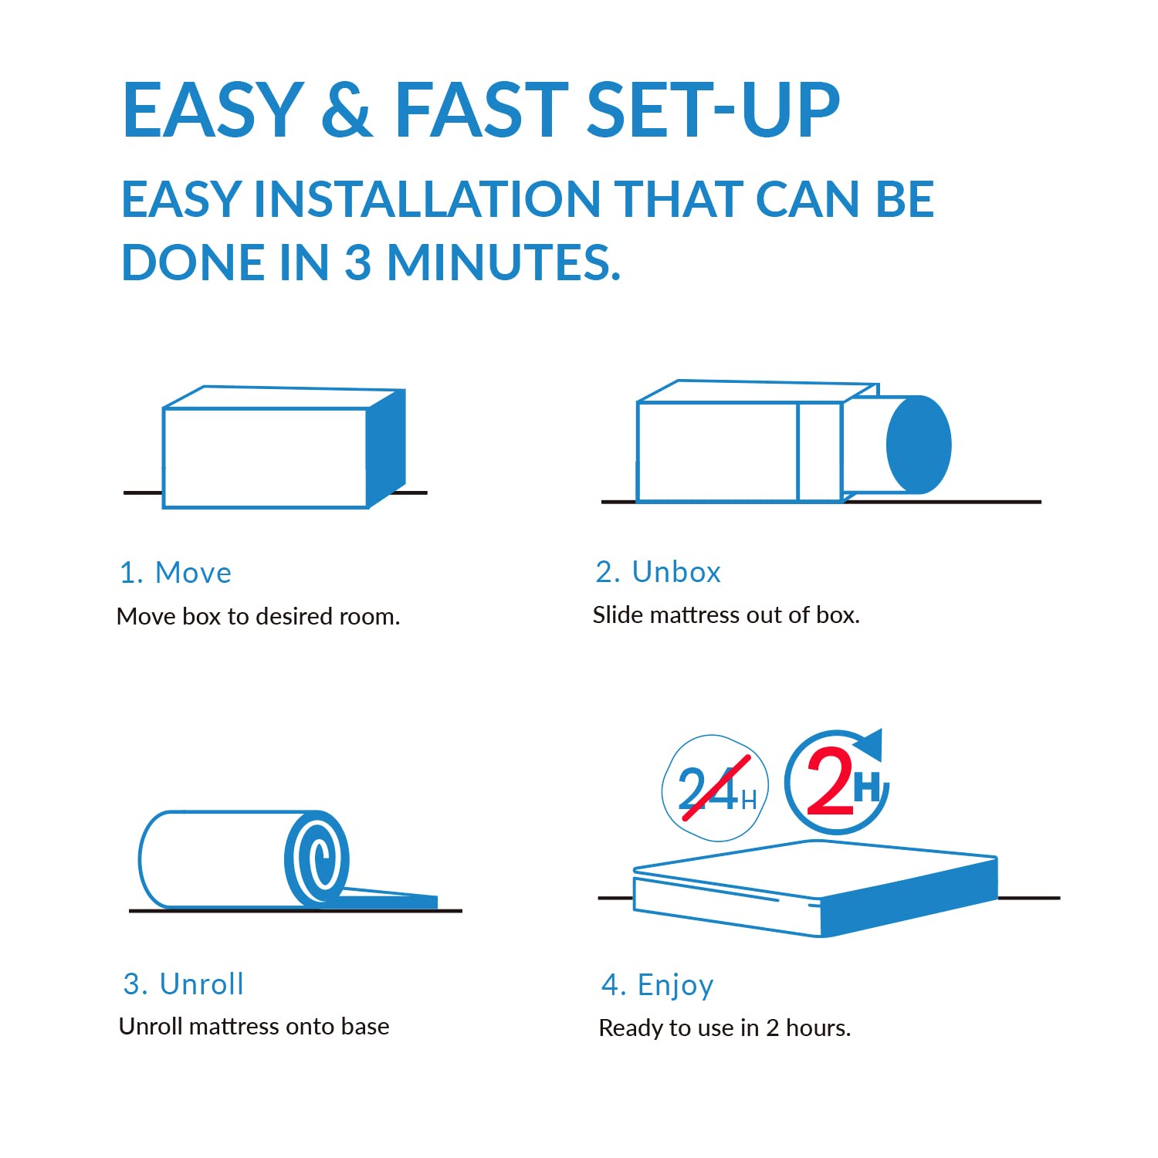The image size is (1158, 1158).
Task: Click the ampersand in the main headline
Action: pyautogui.click(x=347, y=109)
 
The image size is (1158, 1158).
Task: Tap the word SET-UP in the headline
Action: pyautogui.click(x=713, y=109)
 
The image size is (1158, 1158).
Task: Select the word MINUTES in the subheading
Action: pyautogui.click(x=503, y=262)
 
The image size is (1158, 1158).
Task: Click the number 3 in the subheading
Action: pyautogui.click(x=357, y=262)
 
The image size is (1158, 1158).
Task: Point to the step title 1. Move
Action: pyautogui.click(x=175, y=573)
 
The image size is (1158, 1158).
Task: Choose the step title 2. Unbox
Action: pyautogui.click(x=658, y=572)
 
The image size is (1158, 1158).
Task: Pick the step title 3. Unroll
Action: pyautogui.click(x=183, y=984)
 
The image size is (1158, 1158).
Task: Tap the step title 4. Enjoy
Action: pyautogui.click(x=657, y=986)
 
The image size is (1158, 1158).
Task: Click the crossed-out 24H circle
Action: pyautogui.click(x=716, y=788)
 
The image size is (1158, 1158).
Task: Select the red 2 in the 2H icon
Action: pyautogui.click(x=830, y=781)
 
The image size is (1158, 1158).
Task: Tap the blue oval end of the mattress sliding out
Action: pyautogui.click(x=919, y=445)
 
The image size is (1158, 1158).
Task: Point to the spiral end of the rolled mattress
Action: pyautogui.click(x=317, y=858)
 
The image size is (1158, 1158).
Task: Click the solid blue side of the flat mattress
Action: pyautogui.click(x=909, y=896)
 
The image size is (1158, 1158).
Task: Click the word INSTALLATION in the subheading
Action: pyautogui.click(x=428, y=199)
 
